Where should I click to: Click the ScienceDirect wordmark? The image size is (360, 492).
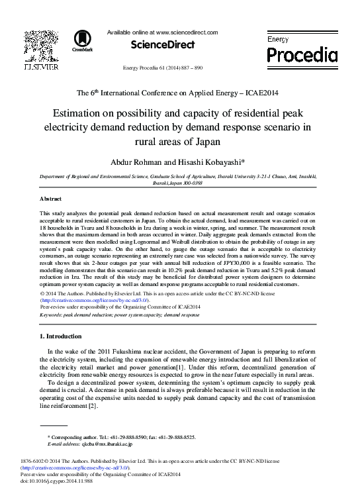click(x=163, y=45)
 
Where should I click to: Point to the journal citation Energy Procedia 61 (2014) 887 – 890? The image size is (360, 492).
click(x=163, y=68)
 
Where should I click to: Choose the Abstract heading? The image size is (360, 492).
click(x=51, y=199)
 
